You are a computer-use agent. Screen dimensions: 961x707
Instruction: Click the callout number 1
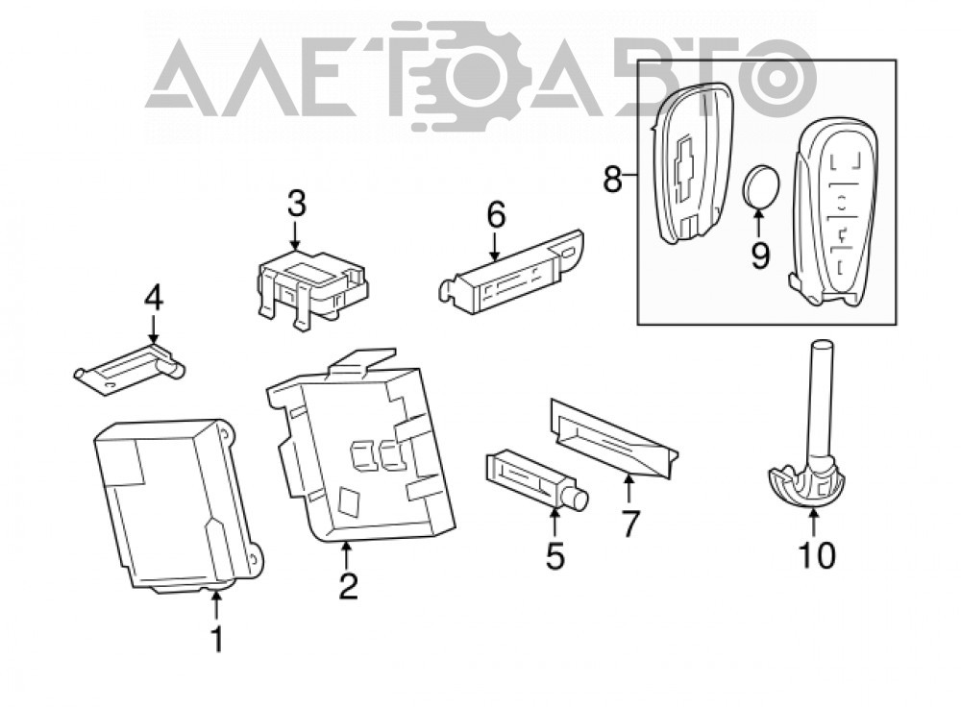click(x=217, y=639)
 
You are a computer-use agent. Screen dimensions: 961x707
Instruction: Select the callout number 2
click(x=348, y=585)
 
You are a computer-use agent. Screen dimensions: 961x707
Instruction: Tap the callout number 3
click(x=297, y=204)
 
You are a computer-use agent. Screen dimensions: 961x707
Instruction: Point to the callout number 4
click(x=153, y=299)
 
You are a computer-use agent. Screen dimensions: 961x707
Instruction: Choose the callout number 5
click(x=555, y=555)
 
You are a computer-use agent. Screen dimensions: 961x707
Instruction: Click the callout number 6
click(x=496, y=214)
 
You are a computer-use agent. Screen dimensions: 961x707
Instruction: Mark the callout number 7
click(x=630, y=524)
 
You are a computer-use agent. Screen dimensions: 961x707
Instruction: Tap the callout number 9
click(x=760, y=255)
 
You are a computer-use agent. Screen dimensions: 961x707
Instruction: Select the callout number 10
click(x=818, y=555)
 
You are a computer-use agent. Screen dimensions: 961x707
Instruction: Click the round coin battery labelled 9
click(x=760, y=187)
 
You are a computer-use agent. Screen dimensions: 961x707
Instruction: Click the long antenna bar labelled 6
click(x=511, y=273)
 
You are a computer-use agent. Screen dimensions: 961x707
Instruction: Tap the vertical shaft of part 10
click(x=821, y=402)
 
